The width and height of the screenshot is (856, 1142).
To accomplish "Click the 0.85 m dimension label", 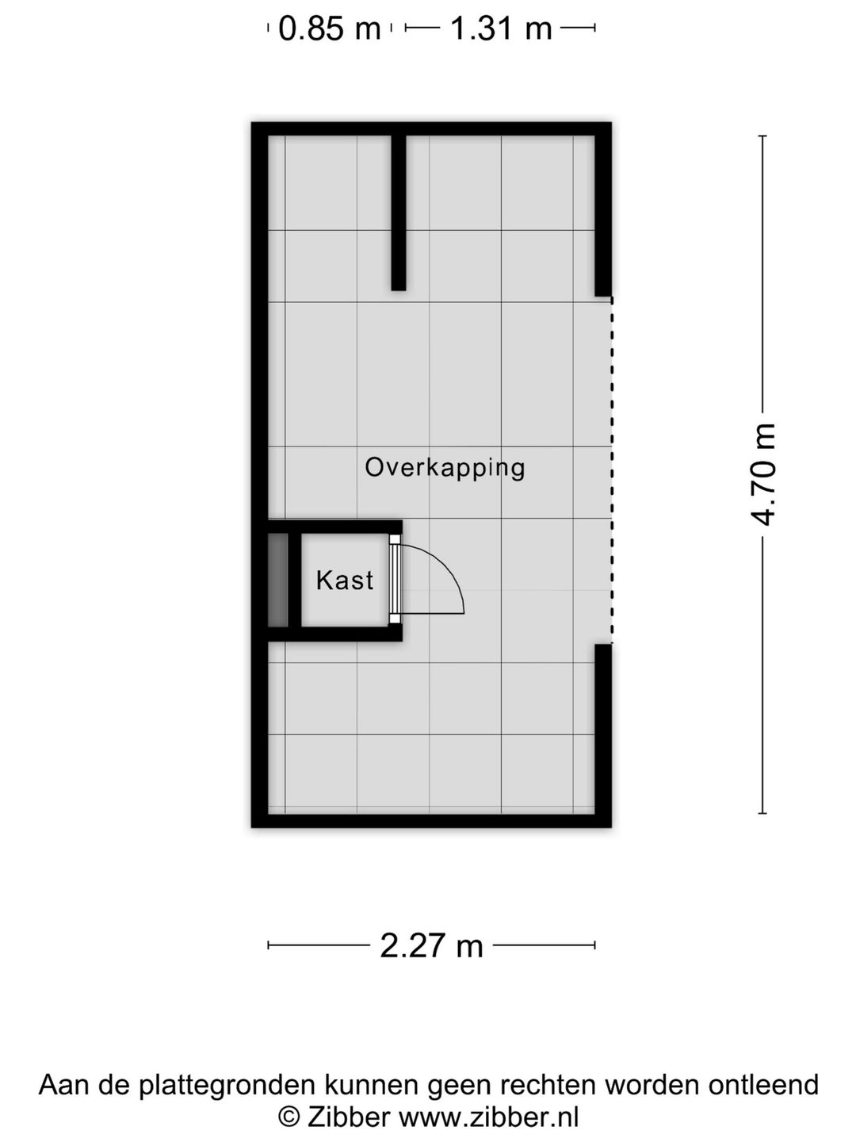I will (329, 29).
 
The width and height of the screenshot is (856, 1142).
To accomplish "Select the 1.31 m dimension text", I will (501, 29).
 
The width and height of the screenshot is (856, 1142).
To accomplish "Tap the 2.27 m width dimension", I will (431, 945).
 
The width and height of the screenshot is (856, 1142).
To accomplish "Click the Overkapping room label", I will (445, 467).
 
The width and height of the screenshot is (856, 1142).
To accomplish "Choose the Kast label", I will (345, 581).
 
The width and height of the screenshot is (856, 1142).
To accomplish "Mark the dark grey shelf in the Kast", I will (277, 580).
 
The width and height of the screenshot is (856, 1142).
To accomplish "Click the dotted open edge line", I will (611, 470).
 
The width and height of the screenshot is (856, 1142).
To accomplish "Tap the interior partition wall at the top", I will (399, 212).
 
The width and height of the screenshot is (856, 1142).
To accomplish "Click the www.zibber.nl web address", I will (488, 1117).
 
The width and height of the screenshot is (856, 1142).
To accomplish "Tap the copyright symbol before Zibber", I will (289, 1117).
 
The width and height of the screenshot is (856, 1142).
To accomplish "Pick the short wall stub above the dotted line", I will (603, 214).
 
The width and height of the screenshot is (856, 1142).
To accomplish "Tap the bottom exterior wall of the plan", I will (431, 821).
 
